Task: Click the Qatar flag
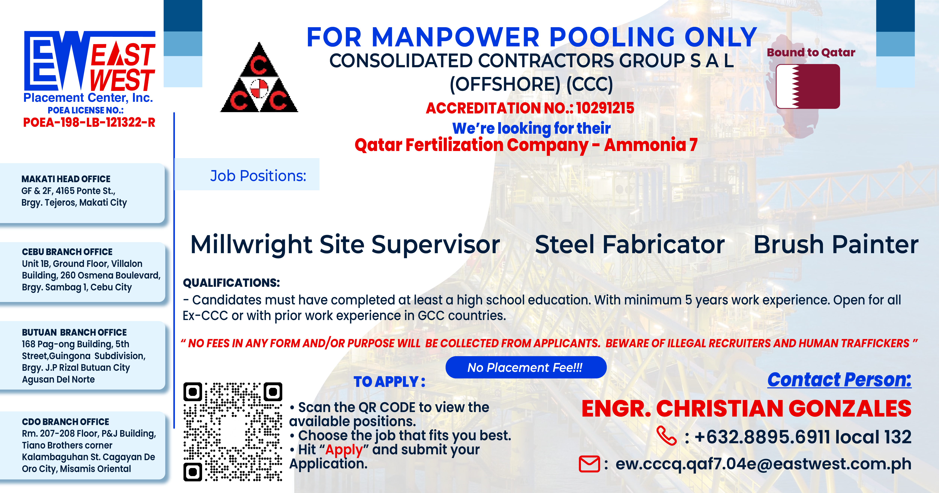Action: (x=808, y=86)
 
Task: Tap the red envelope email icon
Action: (x=589, y=464)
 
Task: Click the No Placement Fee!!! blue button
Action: (x=526, y=367)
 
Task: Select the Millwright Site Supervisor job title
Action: (x=345, y=244)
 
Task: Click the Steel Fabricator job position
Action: (x=630, y=244)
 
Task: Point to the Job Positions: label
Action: (x=258, y=176)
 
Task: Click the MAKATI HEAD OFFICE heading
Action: (x=66, y=179)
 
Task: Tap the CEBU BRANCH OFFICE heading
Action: (x=67, y=252)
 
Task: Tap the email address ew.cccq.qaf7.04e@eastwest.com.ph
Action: (x=763, y=464)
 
